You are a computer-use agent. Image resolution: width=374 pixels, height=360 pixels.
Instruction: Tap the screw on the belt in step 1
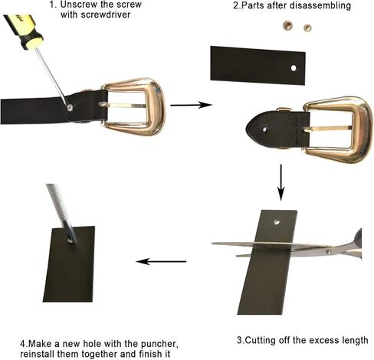coord(71,108)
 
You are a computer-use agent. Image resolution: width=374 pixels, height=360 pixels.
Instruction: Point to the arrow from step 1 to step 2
coord(190,105)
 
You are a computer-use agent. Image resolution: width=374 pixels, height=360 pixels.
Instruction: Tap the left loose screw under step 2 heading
coord(290,28)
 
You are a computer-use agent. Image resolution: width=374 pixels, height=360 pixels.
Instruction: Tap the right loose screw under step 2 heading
coord(307,28)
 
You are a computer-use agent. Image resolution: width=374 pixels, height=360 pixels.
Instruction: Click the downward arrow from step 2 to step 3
coord(281,182)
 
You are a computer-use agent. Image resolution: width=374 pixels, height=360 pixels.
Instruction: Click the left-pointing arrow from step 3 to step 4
coord(161,261)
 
